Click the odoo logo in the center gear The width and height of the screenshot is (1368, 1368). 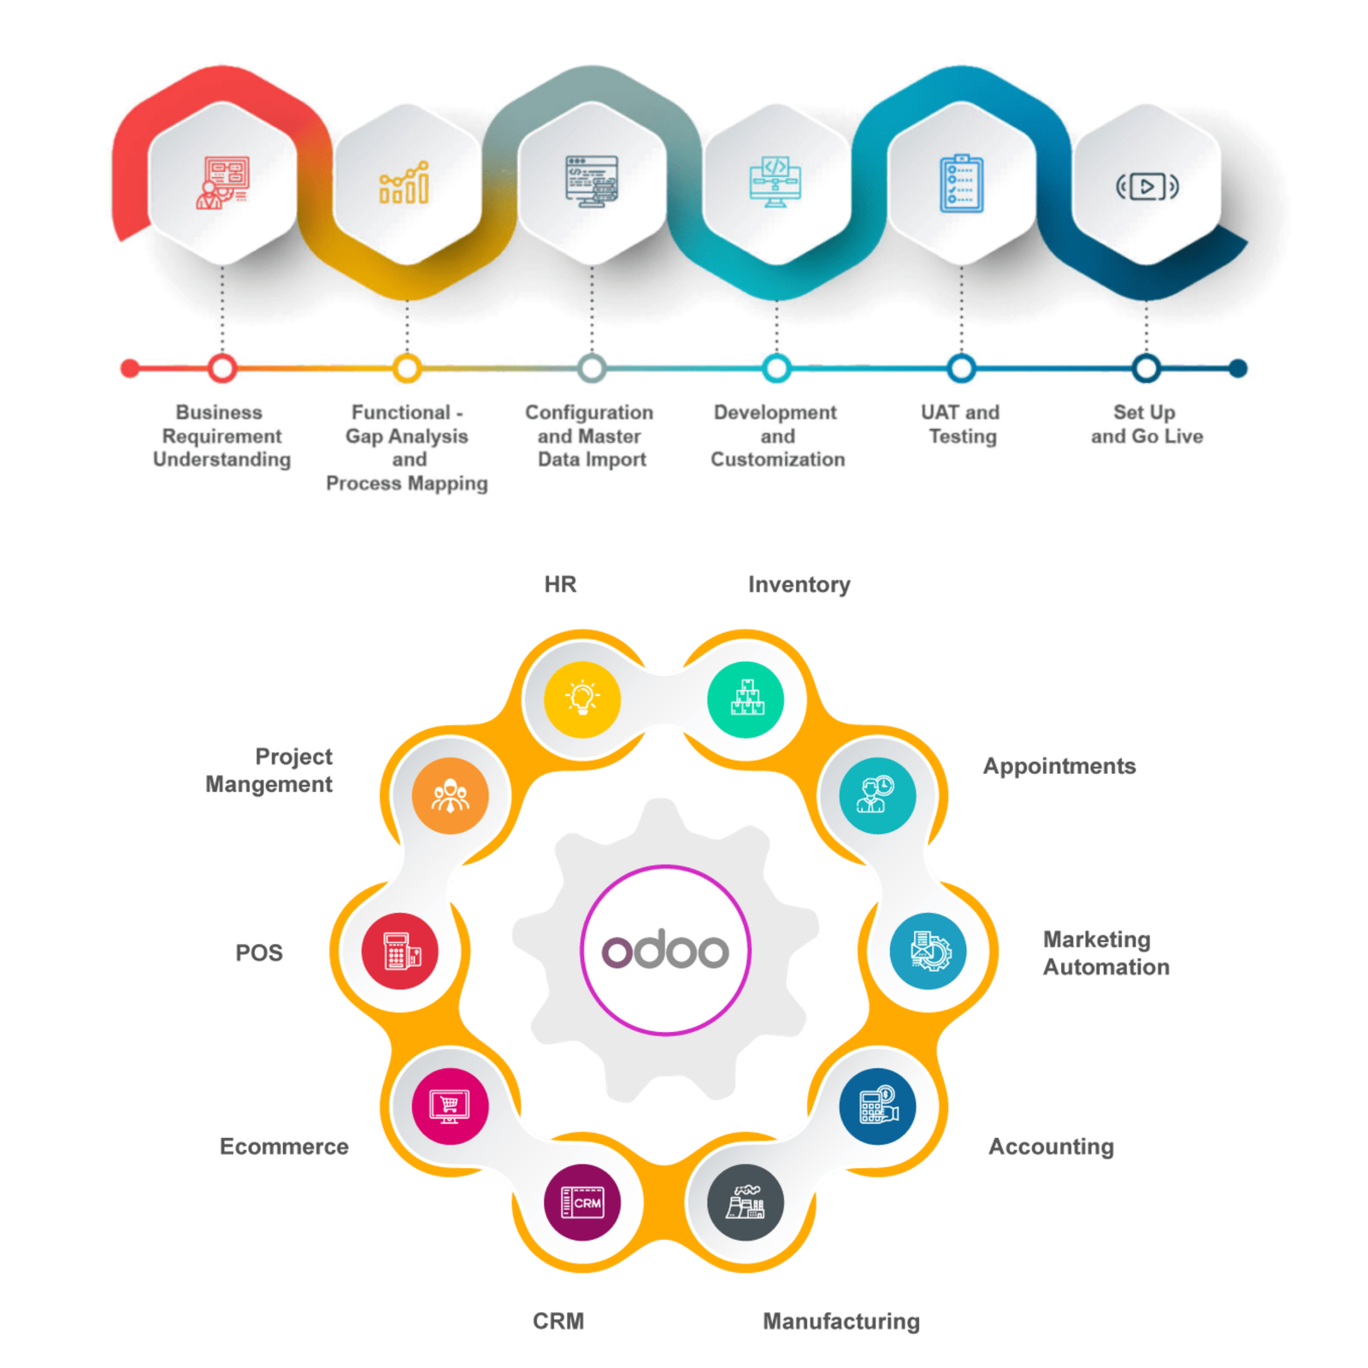tap(665, 950)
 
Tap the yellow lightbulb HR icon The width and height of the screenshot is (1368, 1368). tap(582, 699)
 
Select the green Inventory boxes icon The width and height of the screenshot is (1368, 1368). tap(746, 699)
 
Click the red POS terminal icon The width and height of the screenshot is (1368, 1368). tap(399, 951)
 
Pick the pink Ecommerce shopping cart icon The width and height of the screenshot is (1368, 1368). tap(450, 1106)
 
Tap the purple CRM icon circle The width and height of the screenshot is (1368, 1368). tap(582, 1202)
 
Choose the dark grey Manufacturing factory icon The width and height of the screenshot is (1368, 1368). tap(746, 1202)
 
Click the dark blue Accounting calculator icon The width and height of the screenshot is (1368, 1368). tap(877, 1106)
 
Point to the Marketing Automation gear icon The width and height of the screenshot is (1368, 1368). tap(928, 951)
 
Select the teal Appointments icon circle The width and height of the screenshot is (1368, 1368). tap(877, 795)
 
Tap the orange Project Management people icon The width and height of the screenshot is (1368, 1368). tap(450, 795)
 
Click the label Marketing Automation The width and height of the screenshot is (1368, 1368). tap(1105, 953)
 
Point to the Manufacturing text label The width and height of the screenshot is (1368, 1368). tap(842, 1321)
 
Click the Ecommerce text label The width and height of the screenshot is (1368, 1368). tap(284, 1147)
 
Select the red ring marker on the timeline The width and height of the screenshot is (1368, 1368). tap(222, 369)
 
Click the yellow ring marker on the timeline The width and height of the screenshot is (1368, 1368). tap(407, 369)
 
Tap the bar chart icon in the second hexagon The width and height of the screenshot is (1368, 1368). tap(406, 182)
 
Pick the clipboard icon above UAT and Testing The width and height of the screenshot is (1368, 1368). tap(961, 183)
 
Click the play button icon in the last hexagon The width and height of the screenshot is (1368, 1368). tap(1147, 186)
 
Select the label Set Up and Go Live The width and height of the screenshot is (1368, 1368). tap(1146, 425)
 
